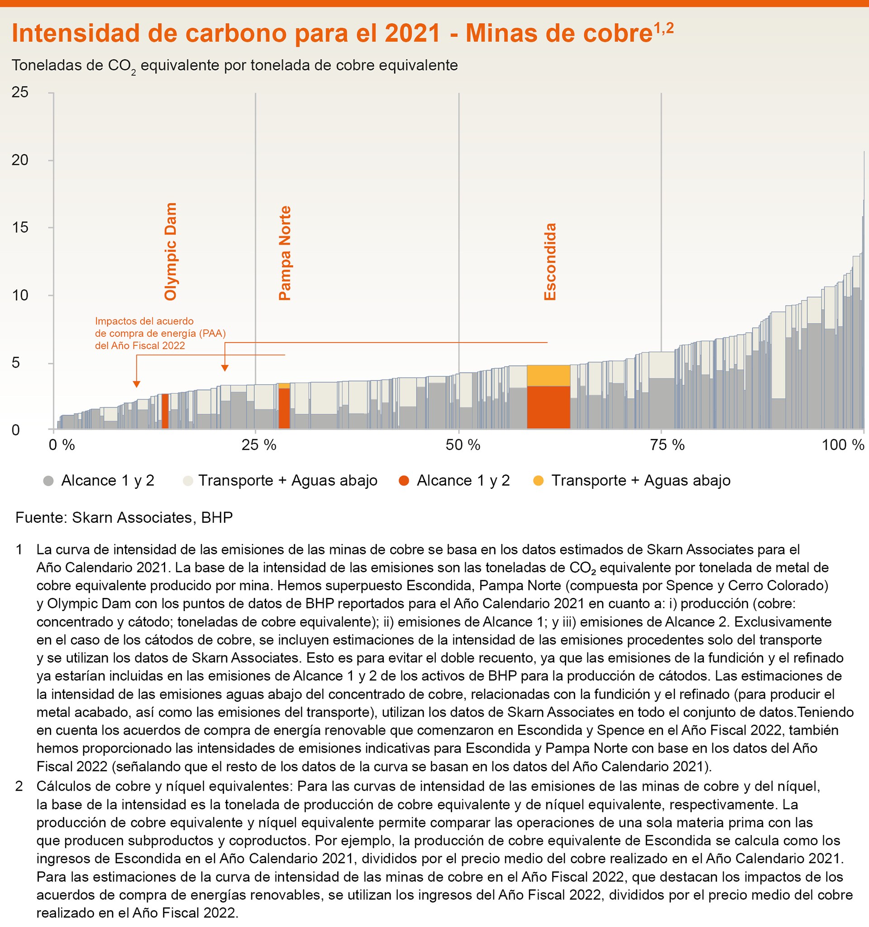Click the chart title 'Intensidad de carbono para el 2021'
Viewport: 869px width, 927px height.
[226, 33]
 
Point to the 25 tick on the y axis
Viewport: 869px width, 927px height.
[20, 92]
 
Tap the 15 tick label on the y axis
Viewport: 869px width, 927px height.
[20, 228]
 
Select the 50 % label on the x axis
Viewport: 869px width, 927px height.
[463, 445]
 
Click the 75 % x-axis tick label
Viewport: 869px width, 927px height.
[667, 445]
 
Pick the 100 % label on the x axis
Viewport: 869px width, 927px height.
[843, 445]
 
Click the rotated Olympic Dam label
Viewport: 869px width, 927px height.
[171, 251]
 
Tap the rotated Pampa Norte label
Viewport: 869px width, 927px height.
[284, 253]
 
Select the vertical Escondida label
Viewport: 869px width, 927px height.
[550, 262]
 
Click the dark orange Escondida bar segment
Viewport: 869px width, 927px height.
[549, 407]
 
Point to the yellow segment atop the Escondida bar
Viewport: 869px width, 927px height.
[549, 375]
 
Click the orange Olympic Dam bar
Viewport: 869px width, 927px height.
[165, 411]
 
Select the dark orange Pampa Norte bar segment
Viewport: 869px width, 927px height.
[284, 408]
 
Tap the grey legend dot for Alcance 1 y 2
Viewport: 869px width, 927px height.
[48, 481]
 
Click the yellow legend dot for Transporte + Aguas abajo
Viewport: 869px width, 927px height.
[538, 481]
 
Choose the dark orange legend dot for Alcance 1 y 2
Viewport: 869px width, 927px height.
[404, 481]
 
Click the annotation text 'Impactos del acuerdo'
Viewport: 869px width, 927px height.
[144, 321]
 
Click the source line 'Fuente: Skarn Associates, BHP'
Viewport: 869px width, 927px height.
[124, 518]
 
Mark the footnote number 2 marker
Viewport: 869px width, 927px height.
[19, 787]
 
